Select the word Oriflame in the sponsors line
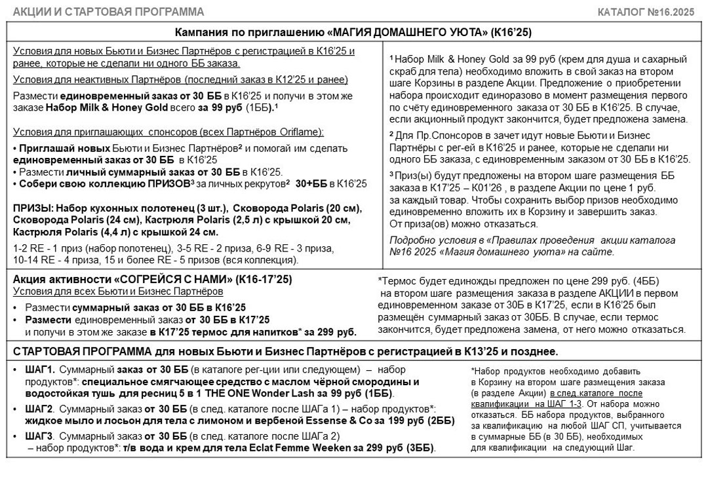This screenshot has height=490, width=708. (x=304, y=132)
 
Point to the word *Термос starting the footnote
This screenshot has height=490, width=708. (x=397, y=280)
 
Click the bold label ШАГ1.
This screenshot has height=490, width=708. (x=40, y=370)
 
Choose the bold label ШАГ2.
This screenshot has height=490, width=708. (x=40, y=408)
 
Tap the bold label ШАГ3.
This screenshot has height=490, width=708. (x=40, y=435)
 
